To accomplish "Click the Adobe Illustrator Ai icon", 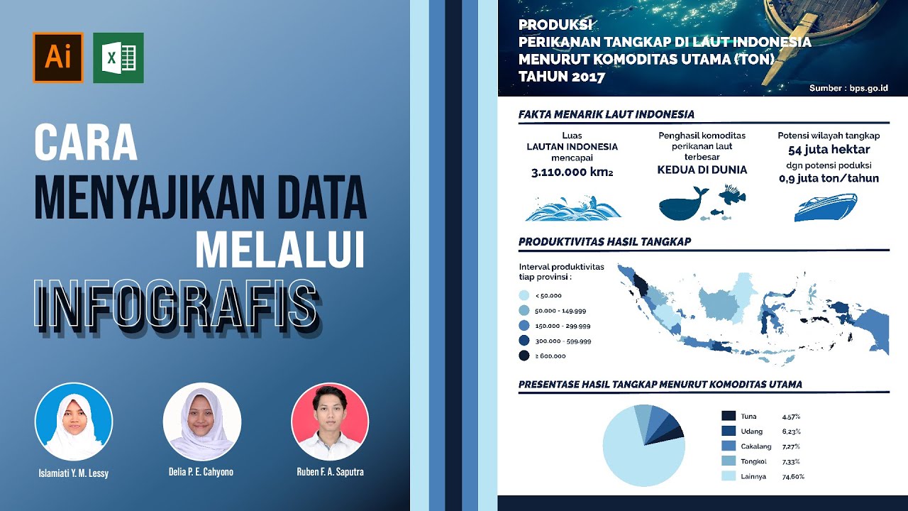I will pos(58,57).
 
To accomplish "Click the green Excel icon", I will pos(118,57).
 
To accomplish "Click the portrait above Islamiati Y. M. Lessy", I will pos(74,422).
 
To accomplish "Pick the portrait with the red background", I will pos(330,422).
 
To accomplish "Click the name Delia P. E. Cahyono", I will pos(201,472).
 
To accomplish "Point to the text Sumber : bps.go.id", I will pos(848,89).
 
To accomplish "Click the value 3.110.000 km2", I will pos(572,172).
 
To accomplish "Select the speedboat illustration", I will pos(826,207).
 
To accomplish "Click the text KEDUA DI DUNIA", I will pos(702,170).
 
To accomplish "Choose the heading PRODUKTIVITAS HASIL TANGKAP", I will pos(604,242).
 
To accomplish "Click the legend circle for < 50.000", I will pos(524,295).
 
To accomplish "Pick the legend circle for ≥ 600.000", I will pos(524,356).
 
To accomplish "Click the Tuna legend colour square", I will pos(729,416).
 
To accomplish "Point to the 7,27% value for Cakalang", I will pos(791,446).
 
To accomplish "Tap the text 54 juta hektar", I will pos(829,150).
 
